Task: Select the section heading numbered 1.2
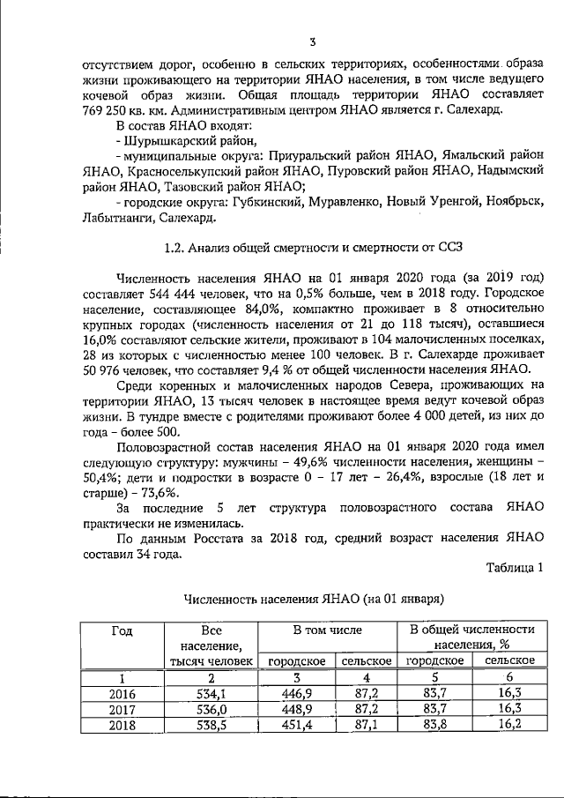[x=312, y=246]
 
